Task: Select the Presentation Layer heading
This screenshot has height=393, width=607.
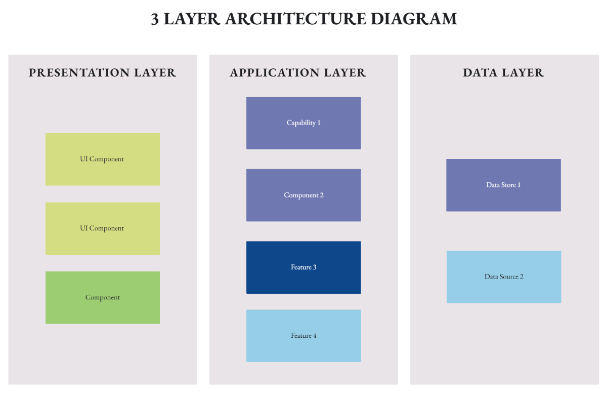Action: click(x=103, y=73)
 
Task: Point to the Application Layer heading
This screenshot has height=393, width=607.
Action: click(x=298, y=73)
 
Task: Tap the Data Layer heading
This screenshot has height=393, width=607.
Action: click(x=503, y=73)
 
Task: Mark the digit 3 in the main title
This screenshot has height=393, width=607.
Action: click(x=155, y=19)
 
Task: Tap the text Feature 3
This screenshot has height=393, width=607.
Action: click(x=303, y=267)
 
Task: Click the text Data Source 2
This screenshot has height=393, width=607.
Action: click(x=504, y=277)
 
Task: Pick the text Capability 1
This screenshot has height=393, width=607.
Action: click(x=303, y=123)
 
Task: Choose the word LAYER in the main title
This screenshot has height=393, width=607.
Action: click(x=192, y=19)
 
